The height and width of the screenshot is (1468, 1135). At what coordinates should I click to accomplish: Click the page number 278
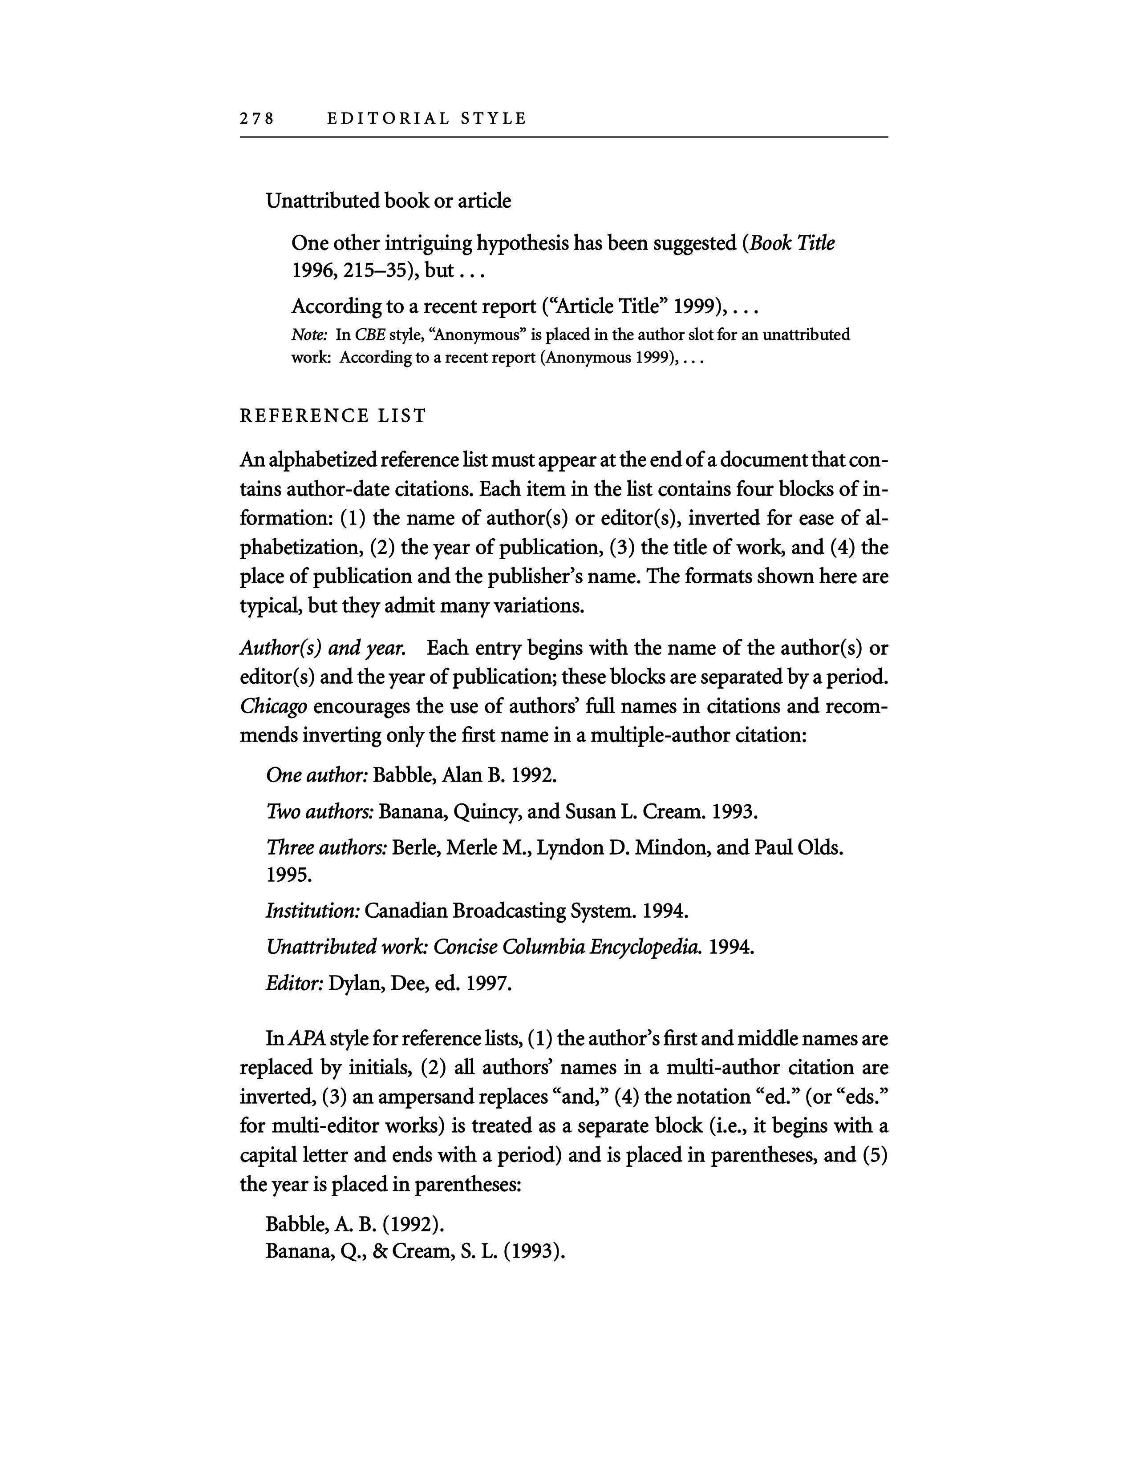[x=257, y=119]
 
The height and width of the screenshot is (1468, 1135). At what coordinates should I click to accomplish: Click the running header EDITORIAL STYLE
[x=426, y=119]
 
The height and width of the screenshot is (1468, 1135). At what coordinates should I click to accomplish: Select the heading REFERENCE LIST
[x=333, y=416]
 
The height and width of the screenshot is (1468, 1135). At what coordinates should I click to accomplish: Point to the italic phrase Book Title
[x=792, y=242]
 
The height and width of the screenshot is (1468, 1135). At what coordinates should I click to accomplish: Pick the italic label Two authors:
[x=320, y=812]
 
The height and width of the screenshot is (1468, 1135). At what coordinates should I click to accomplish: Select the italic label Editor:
[x=295, y=984]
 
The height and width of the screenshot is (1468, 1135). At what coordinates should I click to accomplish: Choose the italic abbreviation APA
[x=307, y=1038]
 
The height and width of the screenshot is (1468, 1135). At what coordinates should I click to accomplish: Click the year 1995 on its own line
[x=288, y=875]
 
